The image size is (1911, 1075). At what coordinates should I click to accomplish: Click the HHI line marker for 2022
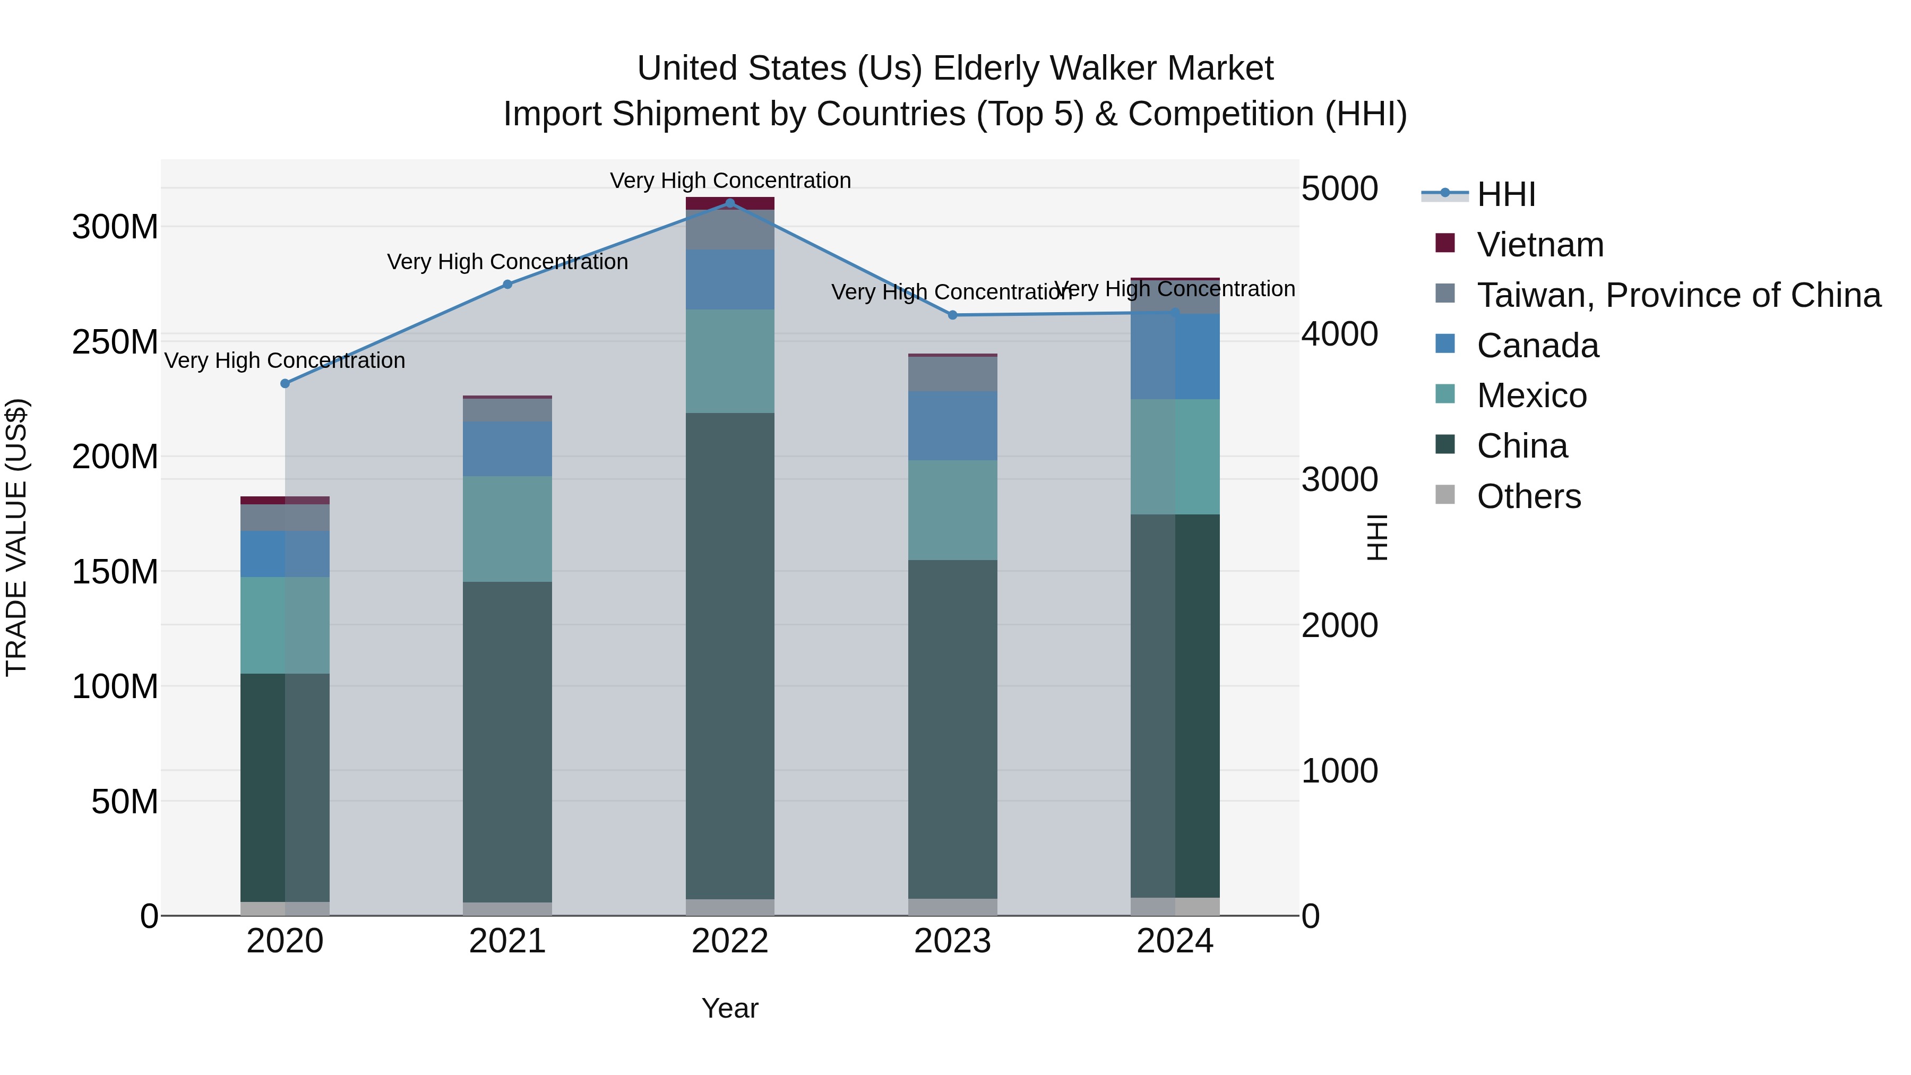click(x=730, y=203)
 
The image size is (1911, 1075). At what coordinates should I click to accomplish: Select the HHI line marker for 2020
click(x=285, y=384)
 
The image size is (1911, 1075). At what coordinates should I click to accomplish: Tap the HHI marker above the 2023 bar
click(x=952, y=315)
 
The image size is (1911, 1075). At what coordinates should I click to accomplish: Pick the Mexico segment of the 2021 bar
click(x=507, y=529)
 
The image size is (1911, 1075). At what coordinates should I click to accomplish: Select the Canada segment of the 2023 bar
click(x=952, y=426)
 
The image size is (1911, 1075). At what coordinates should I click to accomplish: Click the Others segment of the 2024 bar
click(x=1175, y=907)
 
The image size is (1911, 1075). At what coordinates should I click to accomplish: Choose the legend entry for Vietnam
click(x=1539, y=245)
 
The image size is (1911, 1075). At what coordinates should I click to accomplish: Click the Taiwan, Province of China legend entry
click(x=1678, y=295)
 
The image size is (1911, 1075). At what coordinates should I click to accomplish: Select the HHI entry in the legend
click(x=1505, y=194)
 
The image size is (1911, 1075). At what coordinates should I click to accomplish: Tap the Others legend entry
click(x=1528, y=496)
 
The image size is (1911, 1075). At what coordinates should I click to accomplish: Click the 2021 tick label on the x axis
click(x=507, y=941)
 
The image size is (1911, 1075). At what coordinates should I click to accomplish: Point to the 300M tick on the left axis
click(x=115, y=227)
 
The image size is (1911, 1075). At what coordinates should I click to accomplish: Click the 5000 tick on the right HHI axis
click(x=1339, y=188)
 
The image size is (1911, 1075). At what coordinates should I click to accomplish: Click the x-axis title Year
click(x=730, y=1008)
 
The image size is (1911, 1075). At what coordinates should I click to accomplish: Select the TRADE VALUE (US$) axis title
click(x=16, y=537)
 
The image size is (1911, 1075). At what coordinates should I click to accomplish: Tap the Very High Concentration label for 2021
click(x=507, y=262)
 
